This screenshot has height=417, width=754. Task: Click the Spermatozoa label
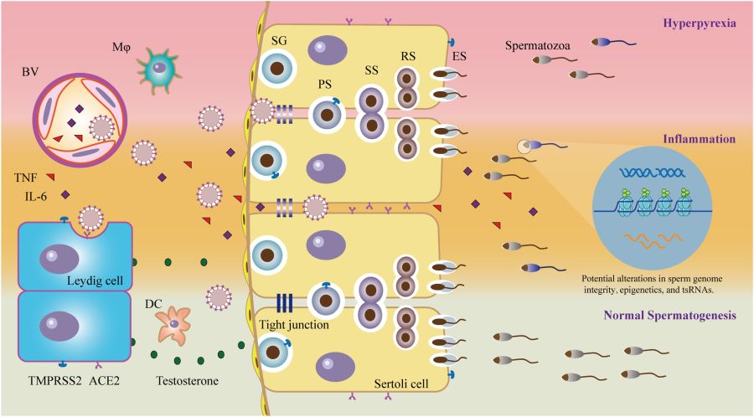(537, 47)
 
